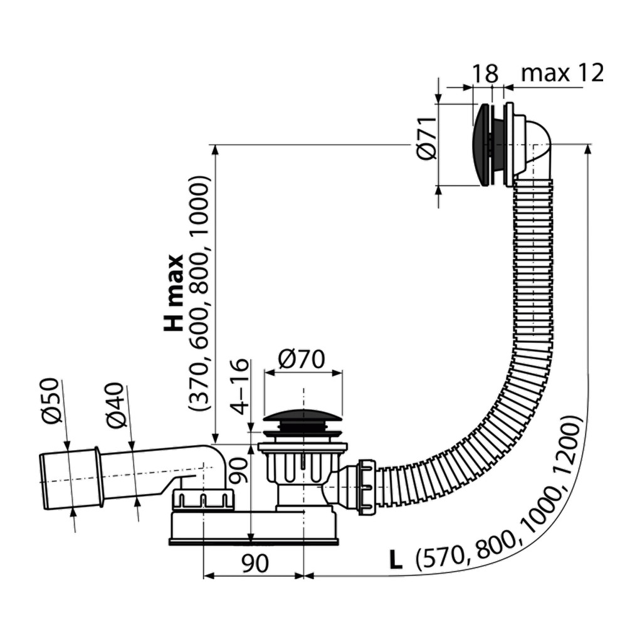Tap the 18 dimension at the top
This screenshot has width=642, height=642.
486,74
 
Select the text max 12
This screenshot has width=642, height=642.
562,73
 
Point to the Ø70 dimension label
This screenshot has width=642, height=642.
302,359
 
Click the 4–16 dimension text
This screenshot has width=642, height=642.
239,387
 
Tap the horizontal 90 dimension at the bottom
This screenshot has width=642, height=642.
255,563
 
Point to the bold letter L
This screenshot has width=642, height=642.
396,560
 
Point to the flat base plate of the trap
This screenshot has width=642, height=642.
254,542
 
